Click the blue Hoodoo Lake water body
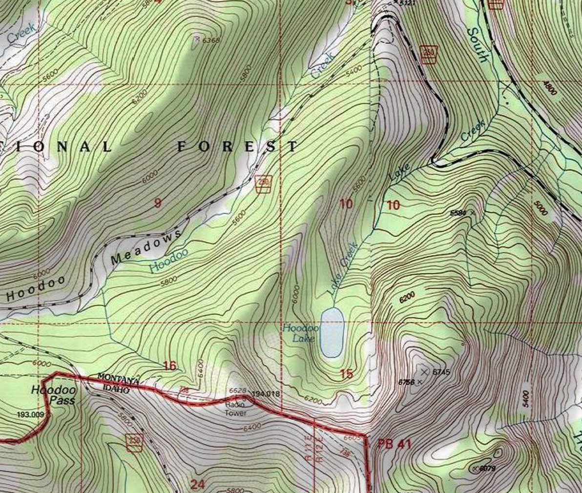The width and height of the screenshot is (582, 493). tap(332, 333)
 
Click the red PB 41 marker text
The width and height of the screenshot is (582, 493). tap(395, 444)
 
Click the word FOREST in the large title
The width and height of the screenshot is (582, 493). tap(237, 146)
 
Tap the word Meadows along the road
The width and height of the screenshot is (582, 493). tap(146, 246)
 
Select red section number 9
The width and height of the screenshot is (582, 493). tap(157, 203)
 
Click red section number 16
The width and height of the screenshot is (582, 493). tap(169, 366)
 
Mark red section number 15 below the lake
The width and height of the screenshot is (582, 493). tap(346, 374)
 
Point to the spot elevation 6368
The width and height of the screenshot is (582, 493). tap(211, 41)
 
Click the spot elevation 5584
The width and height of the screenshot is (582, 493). tap(458, 213)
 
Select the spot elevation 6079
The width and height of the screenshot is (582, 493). tap(487, 469)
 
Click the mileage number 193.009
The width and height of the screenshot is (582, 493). tap(30, 415)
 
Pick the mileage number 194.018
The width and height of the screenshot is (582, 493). tap(266, 394)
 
